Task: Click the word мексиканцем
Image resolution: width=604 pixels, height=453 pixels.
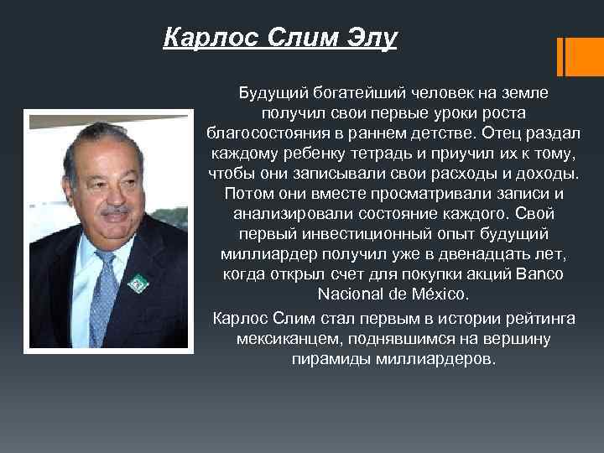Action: tap(282, 340)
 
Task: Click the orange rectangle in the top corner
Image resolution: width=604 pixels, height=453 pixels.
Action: tap(578, 54)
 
